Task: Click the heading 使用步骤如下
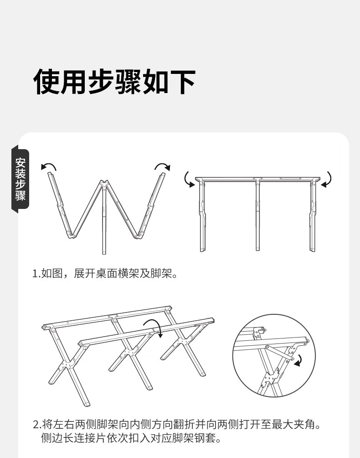coord(114,82)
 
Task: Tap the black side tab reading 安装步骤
coord(21,179)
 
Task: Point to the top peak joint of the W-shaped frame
coord(104,185)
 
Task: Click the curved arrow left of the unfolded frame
coord(188,180)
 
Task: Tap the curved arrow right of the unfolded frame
coord(327,180)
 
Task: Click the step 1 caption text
coord(104,274)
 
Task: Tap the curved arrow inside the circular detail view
coord(298,361)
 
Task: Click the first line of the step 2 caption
coord(177,425)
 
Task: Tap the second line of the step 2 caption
coord(130,439)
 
